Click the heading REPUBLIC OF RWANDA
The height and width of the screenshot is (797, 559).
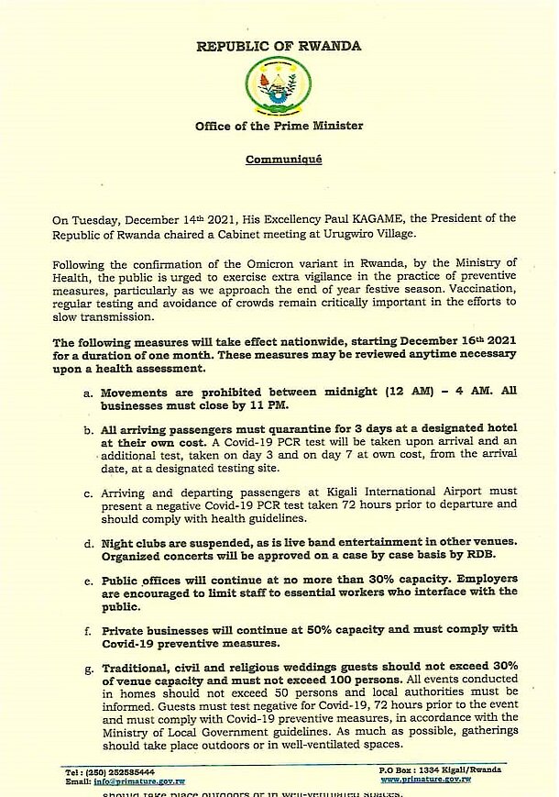[x=279, y=46]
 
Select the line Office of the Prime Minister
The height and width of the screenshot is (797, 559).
[x=279, y=126]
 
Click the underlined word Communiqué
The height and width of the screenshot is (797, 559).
[x=283, y=160]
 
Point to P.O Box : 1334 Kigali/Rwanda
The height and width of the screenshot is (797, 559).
[x=436, y=771]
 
